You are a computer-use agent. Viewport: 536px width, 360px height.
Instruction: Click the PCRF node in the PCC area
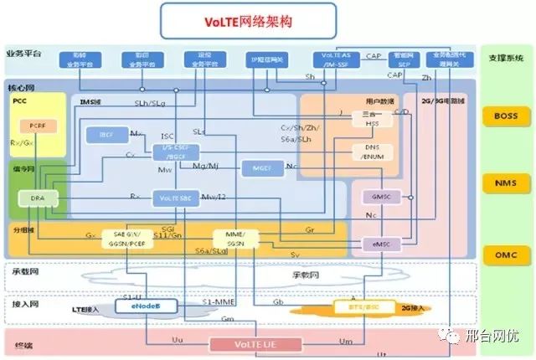(x=38, y=126)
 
